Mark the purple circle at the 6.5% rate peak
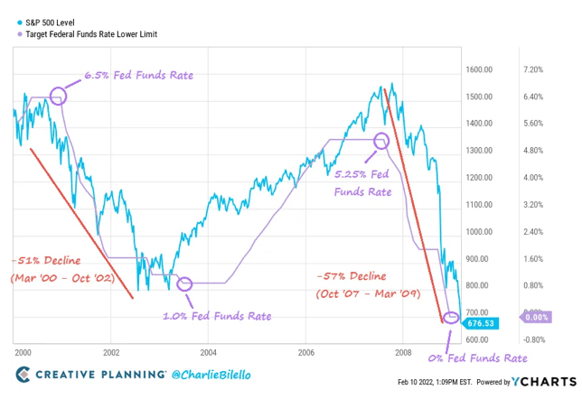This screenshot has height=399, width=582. tap(58, 95)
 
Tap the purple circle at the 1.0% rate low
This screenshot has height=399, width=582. tap(185, 283)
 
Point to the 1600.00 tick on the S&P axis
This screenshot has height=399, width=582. tap(479, 70)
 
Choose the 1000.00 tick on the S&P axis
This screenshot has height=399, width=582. tap(479, 232)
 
